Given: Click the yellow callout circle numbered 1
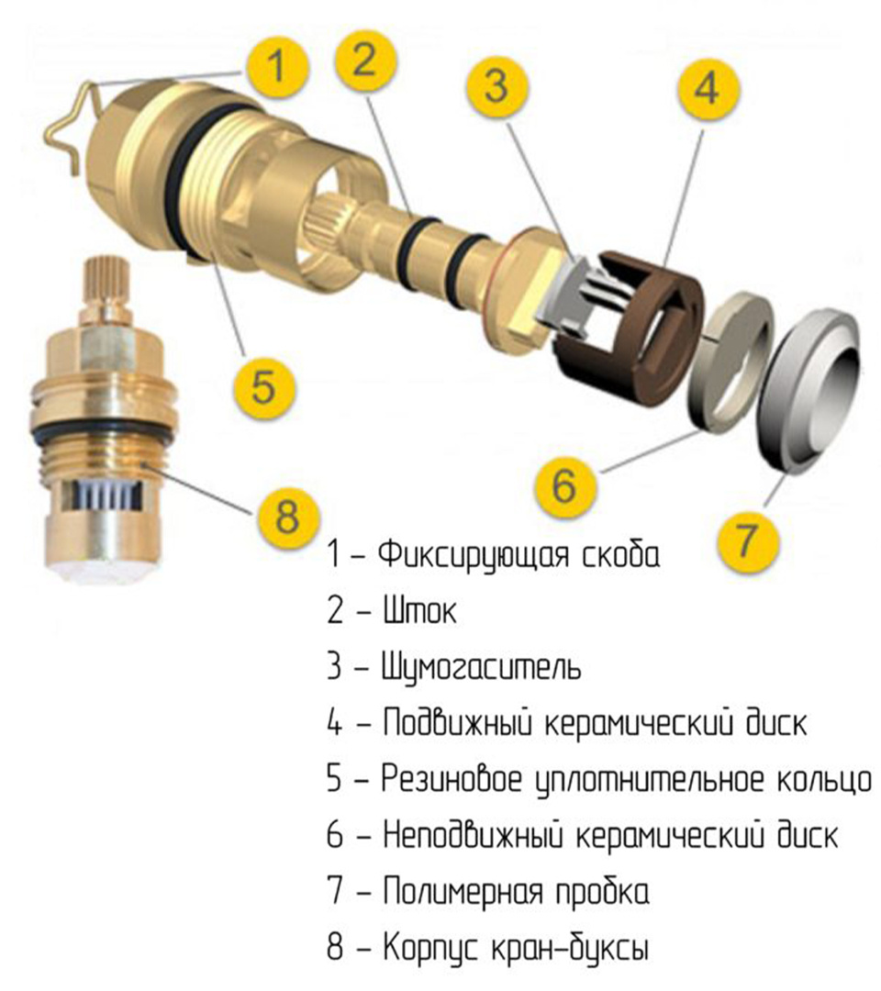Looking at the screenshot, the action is click(277, 67).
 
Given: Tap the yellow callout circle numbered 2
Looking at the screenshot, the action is click(364, 61).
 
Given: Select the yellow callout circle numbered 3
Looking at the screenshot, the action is click(496, 85).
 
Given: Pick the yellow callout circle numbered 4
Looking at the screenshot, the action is click(707, 87).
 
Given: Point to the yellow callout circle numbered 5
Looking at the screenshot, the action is click(263, 386).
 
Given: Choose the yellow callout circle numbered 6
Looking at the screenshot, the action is click(564, 485).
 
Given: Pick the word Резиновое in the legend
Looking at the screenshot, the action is click(452, 779).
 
